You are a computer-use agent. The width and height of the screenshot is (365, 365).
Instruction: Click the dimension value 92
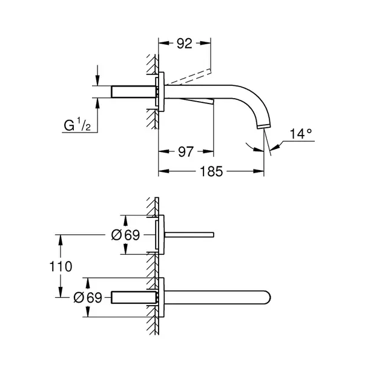tap(185, 43)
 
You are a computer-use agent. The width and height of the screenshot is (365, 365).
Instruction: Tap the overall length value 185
tap(212, 172)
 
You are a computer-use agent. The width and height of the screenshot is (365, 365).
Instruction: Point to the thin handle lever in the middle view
tap(188, 234)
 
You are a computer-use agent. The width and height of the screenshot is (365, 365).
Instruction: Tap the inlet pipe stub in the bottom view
tap(134, 297)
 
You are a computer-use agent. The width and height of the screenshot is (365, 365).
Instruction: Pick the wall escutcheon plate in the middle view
tap(160, 235)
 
